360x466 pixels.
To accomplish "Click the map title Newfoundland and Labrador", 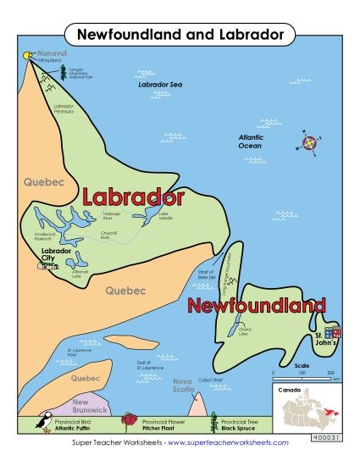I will click(180, 35).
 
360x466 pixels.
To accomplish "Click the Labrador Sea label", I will click(160, 86).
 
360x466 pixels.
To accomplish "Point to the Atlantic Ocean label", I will click(251, 140).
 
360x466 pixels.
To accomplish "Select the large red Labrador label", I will click(133, 197).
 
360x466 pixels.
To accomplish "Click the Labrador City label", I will click(57, 254).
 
